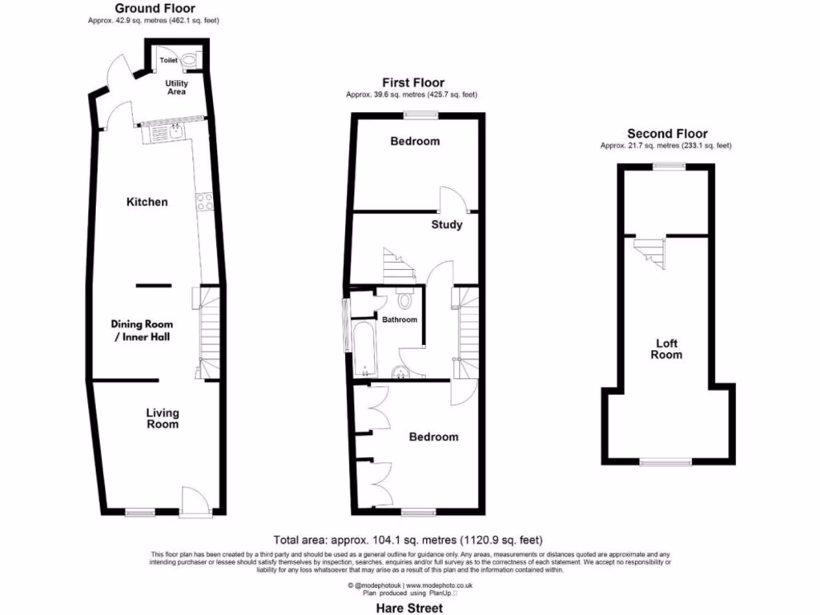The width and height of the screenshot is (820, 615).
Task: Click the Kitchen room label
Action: click(147, 202)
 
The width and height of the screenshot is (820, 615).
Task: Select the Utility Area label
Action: click(176, 87)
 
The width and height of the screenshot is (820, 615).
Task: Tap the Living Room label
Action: click(162, 418)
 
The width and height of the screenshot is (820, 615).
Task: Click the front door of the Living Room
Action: click(194, 503)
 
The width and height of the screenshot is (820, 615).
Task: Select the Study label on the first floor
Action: click(446, 225)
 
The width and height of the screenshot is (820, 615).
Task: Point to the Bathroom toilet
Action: click(405, 300)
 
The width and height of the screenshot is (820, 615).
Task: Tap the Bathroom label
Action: click(399, 320)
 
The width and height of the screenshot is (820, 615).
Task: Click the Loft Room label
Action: click(666, 349)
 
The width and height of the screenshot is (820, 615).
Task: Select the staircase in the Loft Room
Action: click(651, 252)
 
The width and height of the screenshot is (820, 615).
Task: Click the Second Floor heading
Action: click(666, 134)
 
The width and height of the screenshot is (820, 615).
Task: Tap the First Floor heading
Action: click(412, 82)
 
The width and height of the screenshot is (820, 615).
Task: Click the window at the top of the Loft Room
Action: click(668, 166)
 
